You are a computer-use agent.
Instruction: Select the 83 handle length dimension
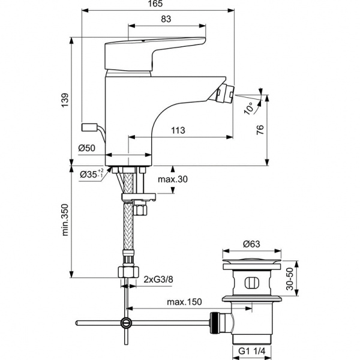click(166, 19)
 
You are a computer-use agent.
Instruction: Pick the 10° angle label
click(248, 109)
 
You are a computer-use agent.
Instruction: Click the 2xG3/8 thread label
click(158, 280)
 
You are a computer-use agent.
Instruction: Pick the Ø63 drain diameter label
click(251, 244)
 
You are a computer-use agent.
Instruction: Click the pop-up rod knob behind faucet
click(89, 128)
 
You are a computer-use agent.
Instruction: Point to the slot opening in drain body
click(251, 283)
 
